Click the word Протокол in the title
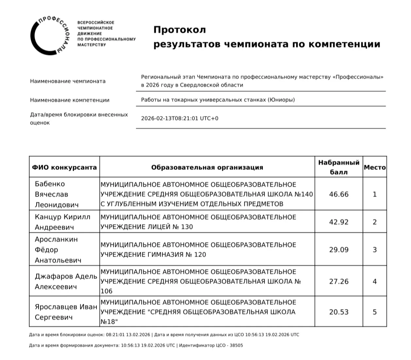coord(180,30)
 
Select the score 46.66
coord(339,194)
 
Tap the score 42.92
coord(339,222)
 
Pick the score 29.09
coord(339,250)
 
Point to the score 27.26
coord(339,281)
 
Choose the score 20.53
coord(339,312)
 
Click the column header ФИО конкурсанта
coord(64,168)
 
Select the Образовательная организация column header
coord(207,168)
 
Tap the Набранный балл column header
coord(339,167)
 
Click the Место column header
coord(375,168)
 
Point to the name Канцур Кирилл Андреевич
coord(62,222)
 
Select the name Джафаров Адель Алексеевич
coord(66,281)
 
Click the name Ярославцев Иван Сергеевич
coord(66,312)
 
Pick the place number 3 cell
coord(375,250)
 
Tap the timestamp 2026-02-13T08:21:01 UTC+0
coord(180,118)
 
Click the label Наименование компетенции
coord(70,100)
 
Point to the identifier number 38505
coord(236,345)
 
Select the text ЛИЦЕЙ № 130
coord(170,227)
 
